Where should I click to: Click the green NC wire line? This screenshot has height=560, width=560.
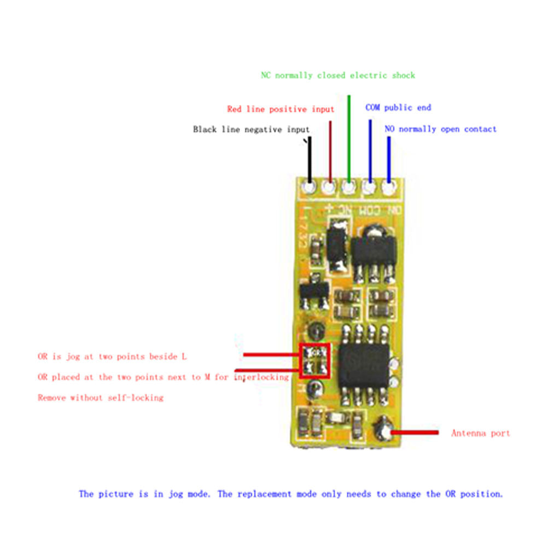pos(349,139)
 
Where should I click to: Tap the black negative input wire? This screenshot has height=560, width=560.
pos(310,160)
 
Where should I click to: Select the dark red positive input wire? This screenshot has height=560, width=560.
pos(330,152)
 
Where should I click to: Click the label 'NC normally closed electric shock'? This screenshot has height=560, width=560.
pos(338,75)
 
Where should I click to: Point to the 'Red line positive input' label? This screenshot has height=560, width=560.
pos(281,109)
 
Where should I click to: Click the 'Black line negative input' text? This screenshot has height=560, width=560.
pos(251,129)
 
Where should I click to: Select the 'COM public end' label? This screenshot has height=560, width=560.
pos(398,108)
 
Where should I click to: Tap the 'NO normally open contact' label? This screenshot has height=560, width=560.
pos(440,129)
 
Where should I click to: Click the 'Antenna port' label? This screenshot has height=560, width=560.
pos(480,433)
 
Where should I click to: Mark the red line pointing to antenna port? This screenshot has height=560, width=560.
pos(415,433)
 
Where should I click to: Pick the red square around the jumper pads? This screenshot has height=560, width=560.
pos(314,360)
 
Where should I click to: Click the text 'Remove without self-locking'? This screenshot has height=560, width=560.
pos(101,398)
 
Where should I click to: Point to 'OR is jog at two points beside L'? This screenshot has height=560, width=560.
pos(112,357)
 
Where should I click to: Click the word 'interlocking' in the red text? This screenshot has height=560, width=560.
pos(261,377)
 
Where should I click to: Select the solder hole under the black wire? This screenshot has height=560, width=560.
pos(310,187)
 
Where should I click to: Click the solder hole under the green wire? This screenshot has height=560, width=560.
pos(348,187)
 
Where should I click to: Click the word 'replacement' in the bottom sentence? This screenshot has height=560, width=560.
pos(264,494)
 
